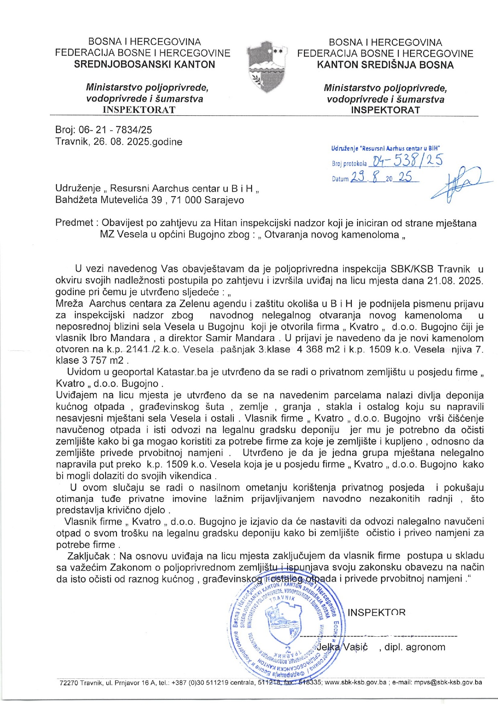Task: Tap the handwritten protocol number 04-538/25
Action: (406, 161)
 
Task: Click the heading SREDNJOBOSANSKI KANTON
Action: (145, 64)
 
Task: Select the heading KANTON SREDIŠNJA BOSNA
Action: (385, 65)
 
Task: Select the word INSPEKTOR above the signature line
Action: (376, 612)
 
